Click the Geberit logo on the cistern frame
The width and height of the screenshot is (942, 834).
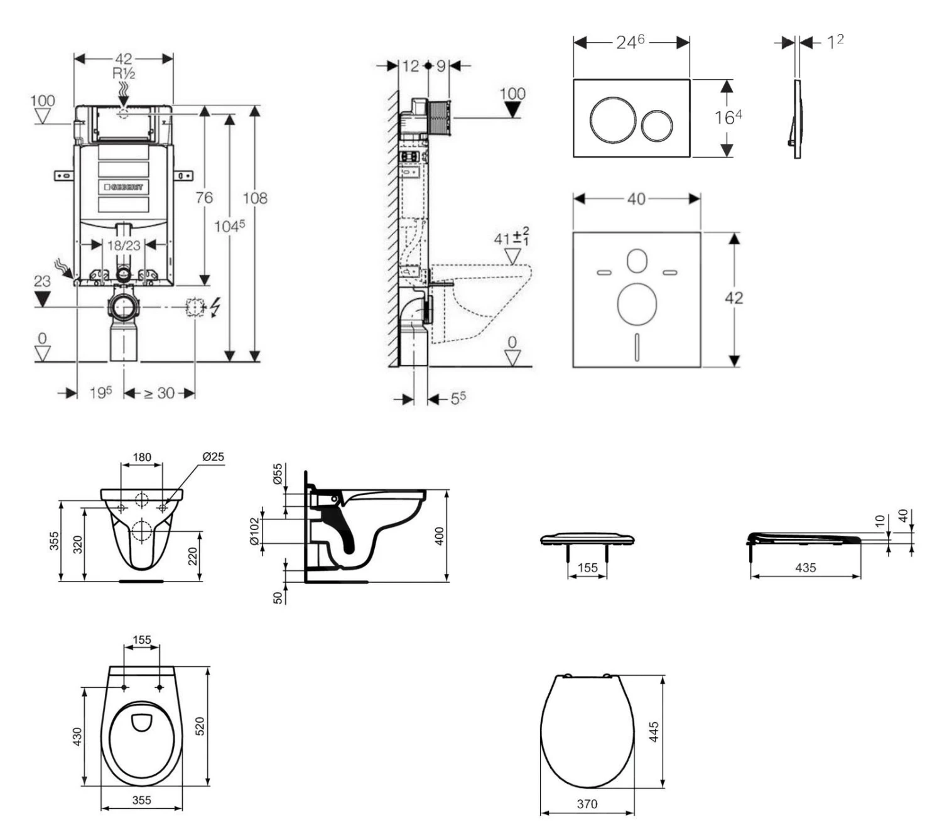point(124,187)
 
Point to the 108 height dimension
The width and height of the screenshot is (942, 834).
point(255,198)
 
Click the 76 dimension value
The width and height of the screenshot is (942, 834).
point(203,198)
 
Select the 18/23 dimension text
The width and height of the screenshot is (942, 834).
point(124,245)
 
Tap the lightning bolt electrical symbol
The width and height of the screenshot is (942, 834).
point(215,307)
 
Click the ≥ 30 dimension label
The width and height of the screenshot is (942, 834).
point(159,393)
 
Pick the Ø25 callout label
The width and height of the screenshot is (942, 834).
point(214,457)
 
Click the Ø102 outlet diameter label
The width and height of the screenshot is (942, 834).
point(254,531)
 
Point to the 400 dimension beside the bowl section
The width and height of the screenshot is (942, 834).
point(440,536)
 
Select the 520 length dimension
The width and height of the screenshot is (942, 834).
point(200,727)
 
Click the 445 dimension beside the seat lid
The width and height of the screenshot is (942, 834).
point(654,732)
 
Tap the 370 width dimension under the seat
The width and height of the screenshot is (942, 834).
point(587,804)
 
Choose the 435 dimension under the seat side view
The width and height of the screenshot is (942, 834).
point(806,568)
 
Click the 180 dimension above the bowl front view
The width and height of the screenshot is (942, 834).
point(142,457)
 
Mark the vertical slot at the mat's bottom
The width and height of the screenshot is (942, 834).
point(637,346)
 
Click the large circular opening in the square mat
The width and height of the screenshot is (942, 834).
point(637,305)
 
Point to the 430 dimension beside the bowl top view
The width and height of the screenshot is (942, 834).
point(77,736)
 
